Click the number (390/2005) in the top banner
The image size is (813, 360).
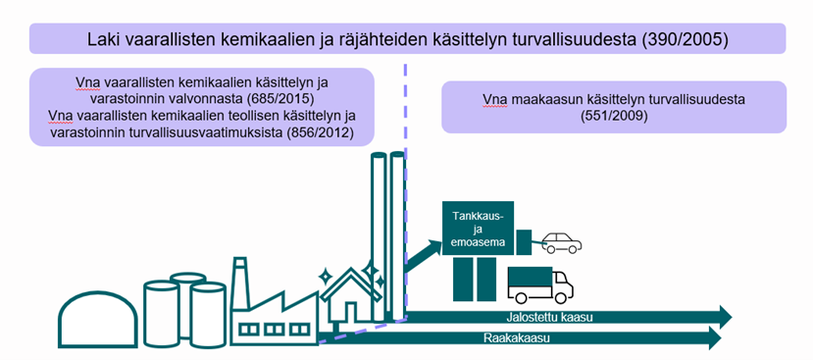click(680, 40)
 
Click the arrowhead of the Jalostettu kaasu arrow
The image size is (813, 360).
click(724, 317)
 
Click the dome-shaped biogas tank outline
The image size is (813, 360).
click(95, 313)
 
